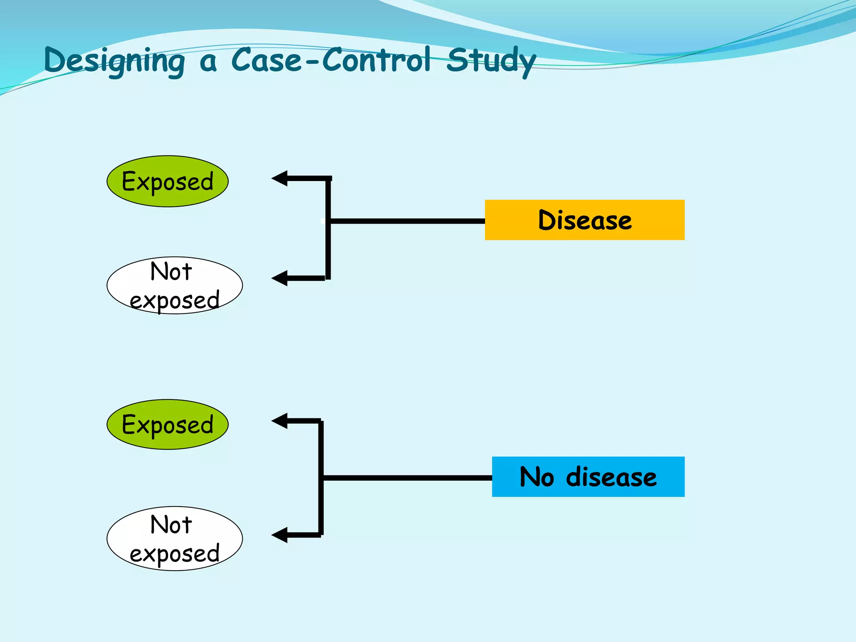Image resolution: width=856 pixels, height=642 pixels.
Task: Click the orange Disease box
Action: pyautogui.click(x=584, y=220)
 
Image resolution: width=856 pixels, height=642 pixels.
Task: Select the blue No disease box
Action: pyautogui.click(x=588, y=476)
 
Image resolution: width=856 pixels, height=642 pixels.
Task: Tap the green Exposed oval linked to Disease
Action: pyautogui.click(x=167, y=181)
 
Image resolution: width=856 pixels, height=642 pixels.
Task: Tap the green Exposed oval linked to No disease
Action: pyautogui.click(x=167, y=424)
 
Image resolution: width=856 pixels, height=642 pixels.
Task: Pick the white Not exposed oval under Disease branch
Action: pyautogui.click(x=174, y=285)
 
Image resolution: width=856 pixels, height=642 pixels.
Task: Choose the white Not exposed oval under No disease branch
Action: pyautogui.click(x=174, y=538)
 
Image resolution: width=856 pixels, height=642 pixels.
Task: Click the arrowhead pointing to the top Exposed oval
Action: pyautogui.click(x=279, y=178)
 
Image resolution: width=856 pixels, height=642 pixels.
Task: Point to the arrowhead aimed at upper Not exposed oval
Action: pyautogui.click(x=279, y=278)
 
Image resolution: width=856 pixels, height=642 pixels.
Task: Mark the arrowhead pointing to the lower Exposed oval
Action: pyautogui.click(x=279, y=421)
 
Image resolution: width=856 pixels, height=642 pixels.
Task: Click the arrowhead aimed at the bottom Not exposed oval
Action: pyautogui.click(x=279, y=535)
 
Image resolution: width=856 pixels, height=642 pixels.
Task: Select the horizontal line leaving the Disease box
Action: pyautogui.click(x=408, y=221)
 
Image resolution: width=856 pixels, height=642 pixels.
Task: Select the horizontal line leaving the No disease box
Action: pyautogui.click(x=408, y=478)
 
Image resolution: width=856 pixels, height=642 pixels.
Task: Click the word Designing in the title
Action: pyautogui.click(x=114, y=61)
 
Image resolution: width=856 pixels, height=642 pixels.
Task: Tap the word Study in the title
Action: pyautogui.click(x=491, y=61)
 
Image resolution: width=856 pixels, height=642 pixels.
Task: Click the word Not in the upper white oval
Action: pyautogui.click(x=171, y=271)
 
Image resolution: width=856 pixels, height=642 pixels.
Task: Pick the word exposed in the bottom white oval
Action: pyautogui.click(x=174, y=554)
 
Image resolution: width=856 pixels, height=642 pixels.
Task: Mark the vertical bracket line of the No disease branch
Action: pyautogui.click(x=321, y=502)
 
